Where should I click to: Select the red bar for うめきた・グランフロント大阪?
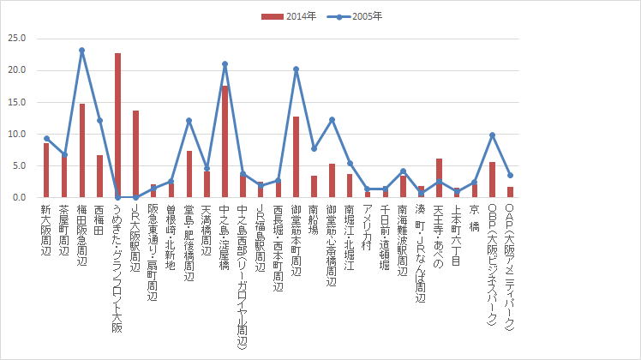117,125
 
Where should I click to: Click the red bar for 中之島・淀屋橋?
225,141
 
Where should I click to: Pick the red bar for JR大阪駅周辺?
135,154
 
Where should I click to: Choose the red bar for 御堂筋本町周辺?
296,157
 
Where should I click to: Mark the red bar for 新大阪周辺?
46,170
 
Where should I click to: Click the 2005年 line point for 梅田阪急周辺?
82,51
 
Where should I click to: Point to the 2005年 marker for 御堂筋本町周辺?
296,69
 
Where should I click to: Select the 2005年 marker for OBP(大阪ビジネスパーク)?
492,135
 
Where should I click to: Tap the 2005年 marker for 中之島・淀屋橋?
225,64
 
